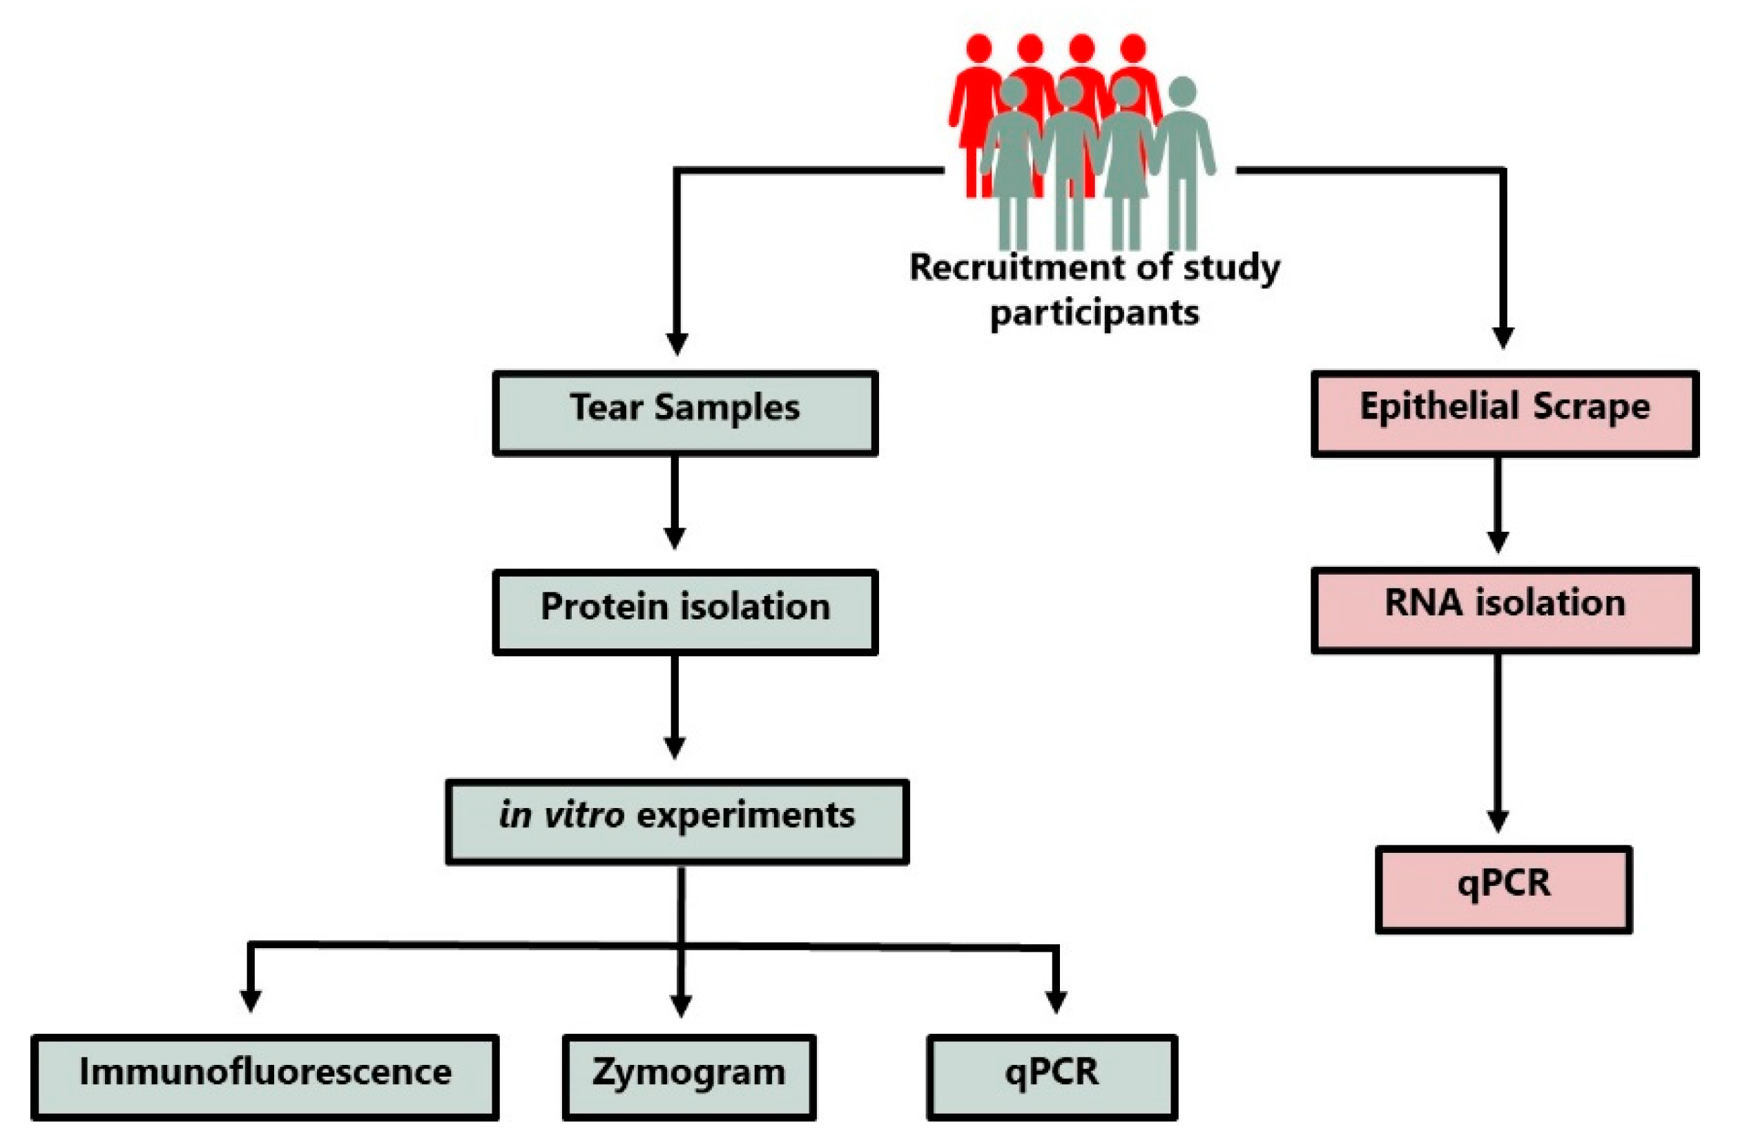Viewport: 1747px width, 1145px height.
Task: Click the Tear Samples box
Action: tap(685, 414)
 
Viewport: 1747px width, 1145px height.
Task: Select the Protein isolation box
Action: tap(685, 612)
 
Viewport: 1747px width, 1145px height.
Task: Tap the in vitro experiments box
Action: tap(677, 821)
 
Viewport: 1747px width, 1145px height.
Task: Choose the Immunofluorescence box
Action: tap(265, 1077)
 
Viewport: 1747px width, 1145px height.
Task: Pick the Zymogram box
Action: tap(688, 1077)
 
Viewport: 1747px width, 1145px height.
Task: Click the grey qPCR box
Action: tap(1051, 1077)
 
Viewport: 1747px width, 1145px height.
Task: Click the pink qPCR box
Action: tap(1503, 889)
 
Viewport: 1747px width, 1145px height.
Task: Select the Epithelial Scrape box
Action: tap(1504, 414)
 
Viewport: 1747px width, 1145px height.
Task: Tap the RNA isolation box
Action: tap(1504, 610)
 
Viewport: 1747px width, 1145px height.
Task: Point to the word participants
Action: tap(1094, 314)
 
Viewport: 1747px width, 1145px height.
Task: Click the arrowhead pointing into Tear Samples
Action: tap(676, 343)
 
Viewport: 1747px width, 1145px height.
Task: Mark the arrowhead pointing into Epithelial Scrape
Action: tap(1503, 338)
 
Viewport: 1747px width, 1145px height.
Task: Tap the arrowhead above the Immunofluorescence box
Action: tap(251, 1000)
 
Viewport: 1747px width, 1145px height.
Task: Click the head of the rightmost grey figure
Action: tap(1181, 91)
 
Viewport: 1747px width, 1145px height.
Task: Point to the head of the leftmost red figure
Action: tap(978, 48)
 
